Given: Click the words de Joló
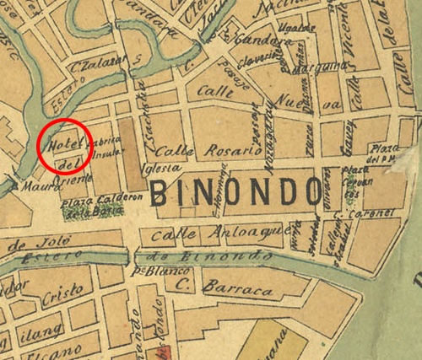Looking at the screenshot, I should point(26,244).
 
